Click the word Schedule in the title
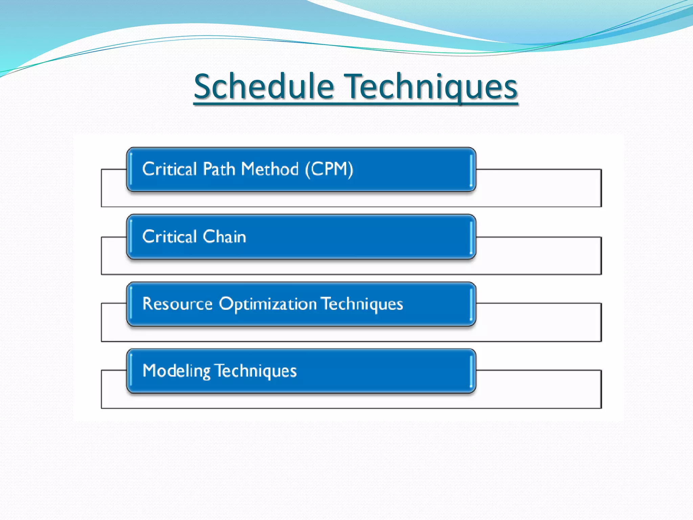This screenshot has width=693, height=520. (264, 87)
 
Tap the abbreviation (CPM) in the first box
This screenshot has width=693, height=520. (329, 169)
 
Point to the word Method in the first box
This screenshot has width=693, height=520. (270, 169)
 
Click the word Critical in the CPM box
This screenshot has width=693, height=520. (170, 169)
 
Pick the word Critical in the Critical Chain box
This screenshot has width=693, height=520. (170, 236)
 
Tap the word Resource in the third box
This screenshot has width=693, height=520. (177, 303)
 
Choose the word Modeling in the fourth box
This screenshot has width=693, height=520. (176, 371)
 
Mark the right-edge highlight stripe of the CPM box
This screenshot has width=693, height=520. (471, 170)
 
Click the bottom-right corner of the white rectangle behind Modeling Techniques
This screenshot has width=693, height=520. (601, 408)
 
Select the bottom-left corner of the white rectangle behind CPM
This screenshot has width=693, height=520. (102, 206)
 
